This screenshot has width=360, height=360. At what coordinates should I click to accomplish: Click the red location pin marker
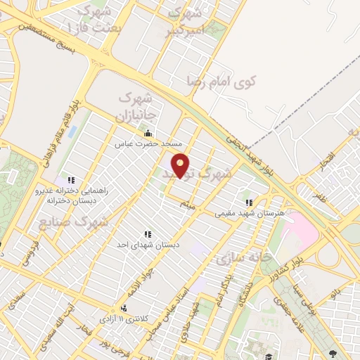point(181,166)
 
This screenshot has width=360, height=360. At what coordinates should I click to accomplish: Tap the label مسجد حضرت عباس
point(148,143)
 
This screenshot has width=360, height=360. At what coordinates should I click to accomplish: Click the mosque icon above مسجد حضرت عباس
point(148,134)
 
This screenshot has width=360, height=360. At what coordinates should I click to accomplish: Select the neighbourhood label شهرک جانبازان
point(129,105)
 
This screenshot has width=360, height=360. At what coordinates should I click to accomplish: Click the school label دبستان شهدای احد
point(148,245)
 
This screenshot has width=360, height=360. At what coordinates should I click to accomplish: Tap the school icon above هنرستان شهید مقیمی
point(248,202)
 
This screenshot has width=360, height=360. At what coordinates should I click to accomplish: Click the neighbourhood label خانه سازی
point(243,259)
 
